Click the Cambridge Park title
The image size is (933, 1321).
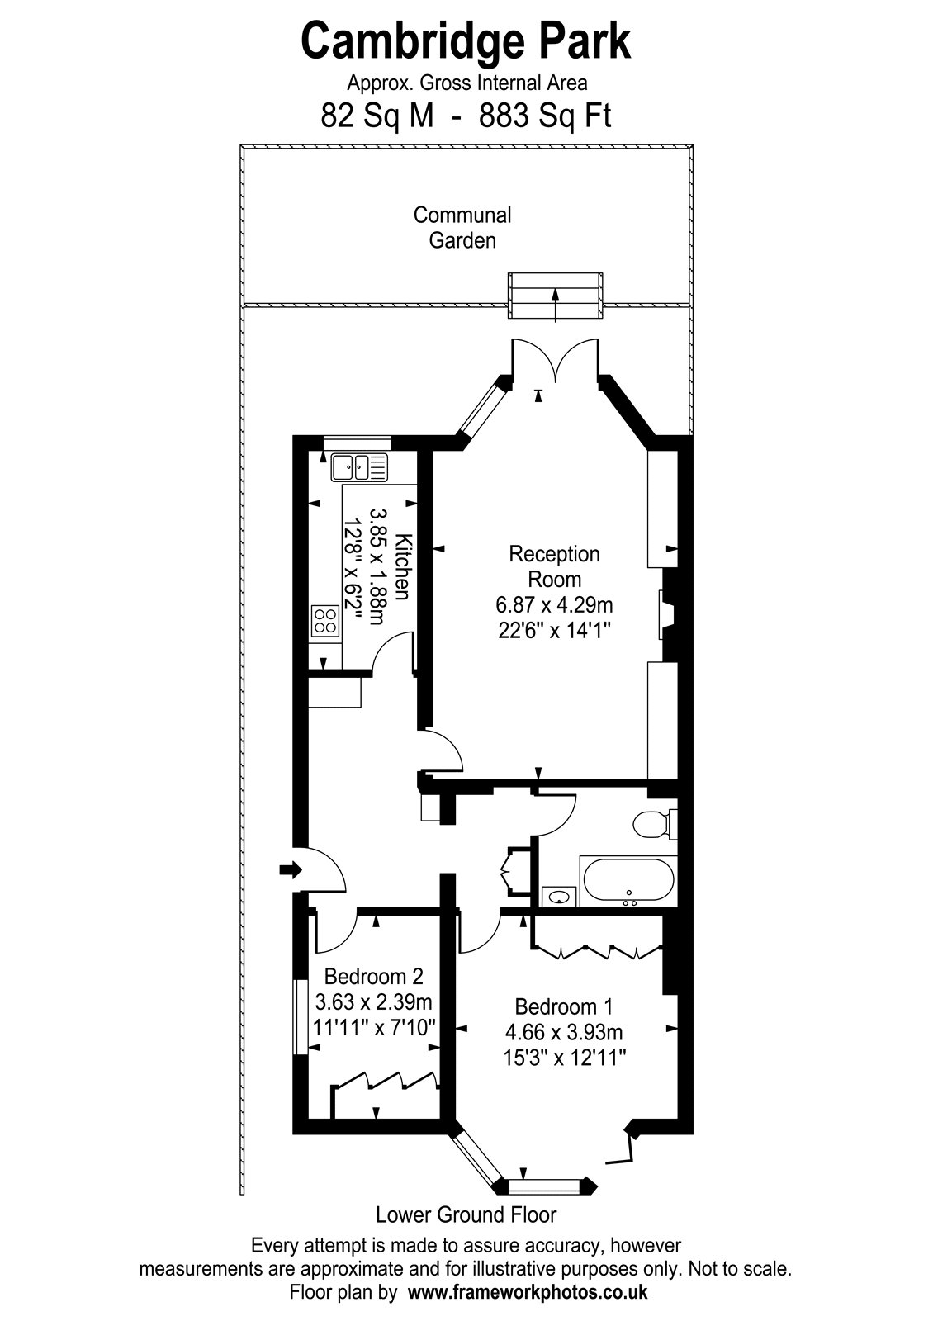(466, 40)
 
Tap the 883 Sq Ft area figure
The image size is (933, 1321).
(545, 116)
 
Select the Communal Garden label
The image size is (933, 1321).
(462, 228)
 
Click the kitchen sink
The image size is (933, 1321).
(360, 467)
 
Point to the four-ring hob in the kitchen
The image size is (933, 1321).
(326, 621)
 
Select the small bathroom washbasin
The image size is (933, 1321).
(558, 897)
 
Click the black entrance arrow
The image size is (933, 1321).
(290, 869)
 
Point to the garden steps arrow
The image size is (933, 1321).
(555, 305)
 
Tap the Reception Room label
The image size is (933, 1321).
(554, 566)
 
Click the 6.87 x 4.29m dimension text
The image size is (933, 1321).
(554, 605)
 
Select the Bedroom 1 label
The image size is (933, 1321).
(564, 1006)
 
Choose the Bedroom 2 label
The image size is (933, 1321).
(374, 977)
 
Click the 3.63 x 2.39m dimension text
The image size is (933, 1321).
(374, 1001)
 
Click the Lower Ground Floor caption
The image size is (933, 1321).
(466, 1214)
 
